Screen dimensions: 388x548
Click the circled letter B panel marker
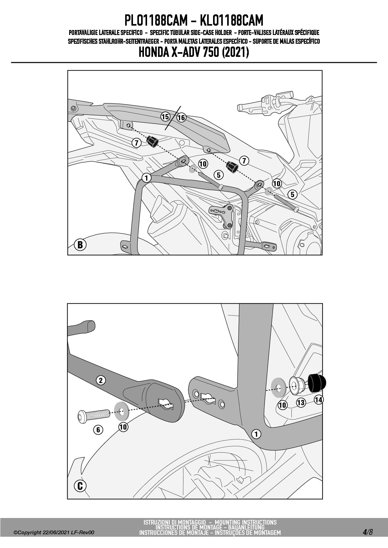[80, 244]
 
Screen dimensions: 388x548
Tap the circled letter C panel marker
[80, 486]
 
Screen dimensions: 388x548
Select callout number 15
[165, 117]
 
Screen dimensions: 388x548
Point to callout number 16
[181, 117]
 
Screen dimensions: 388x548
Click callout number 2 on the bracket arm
[101, 380]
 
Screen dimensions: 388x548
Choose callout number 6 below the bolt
[98, 430]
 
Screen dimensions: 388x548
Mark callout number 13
[301, 403]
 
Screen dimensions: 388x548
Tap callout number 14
[319, 400]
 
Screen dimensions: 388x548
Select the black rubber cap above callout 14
[317, 383]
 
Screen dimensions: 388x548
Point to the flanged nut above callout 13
[297, 386]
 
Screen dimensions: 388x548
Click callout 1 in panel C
[256, 434]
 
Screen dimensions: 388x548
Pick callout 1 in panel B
[146, 178]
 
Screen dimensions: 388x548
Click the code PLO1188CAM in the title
[156, 20]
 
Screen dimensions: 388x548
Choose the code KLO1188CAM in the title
[232, 20]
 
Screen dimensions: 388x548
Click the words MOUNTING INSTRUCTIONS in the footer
[246, 522]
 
